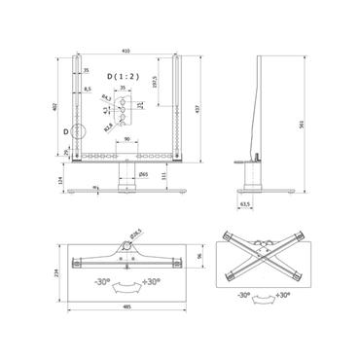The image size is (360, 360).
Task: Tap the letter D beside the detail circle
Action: (65, 128)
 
